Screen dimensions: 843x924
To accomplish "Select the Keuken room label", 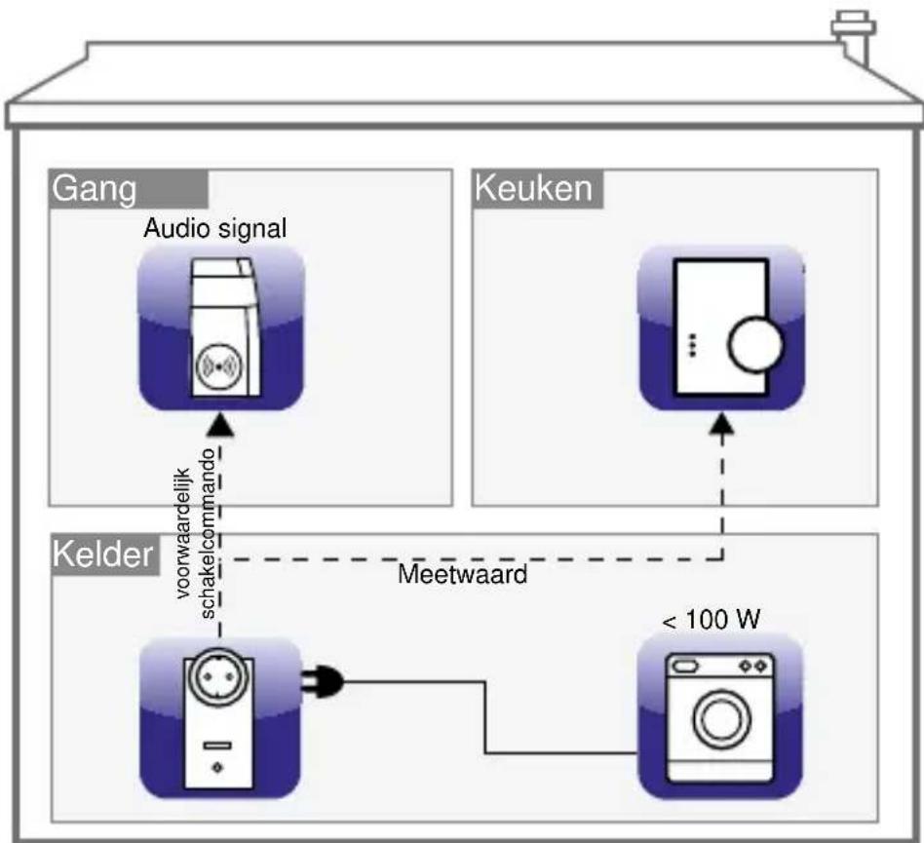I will coord(532,188).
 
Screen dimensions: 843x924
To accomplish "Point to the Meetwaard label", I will coord(462,574).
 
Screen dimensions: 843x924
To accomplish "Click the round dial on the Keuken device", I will coord(756,344).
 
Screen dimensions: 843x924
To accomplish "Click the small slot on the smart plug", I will coord(216,745).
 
